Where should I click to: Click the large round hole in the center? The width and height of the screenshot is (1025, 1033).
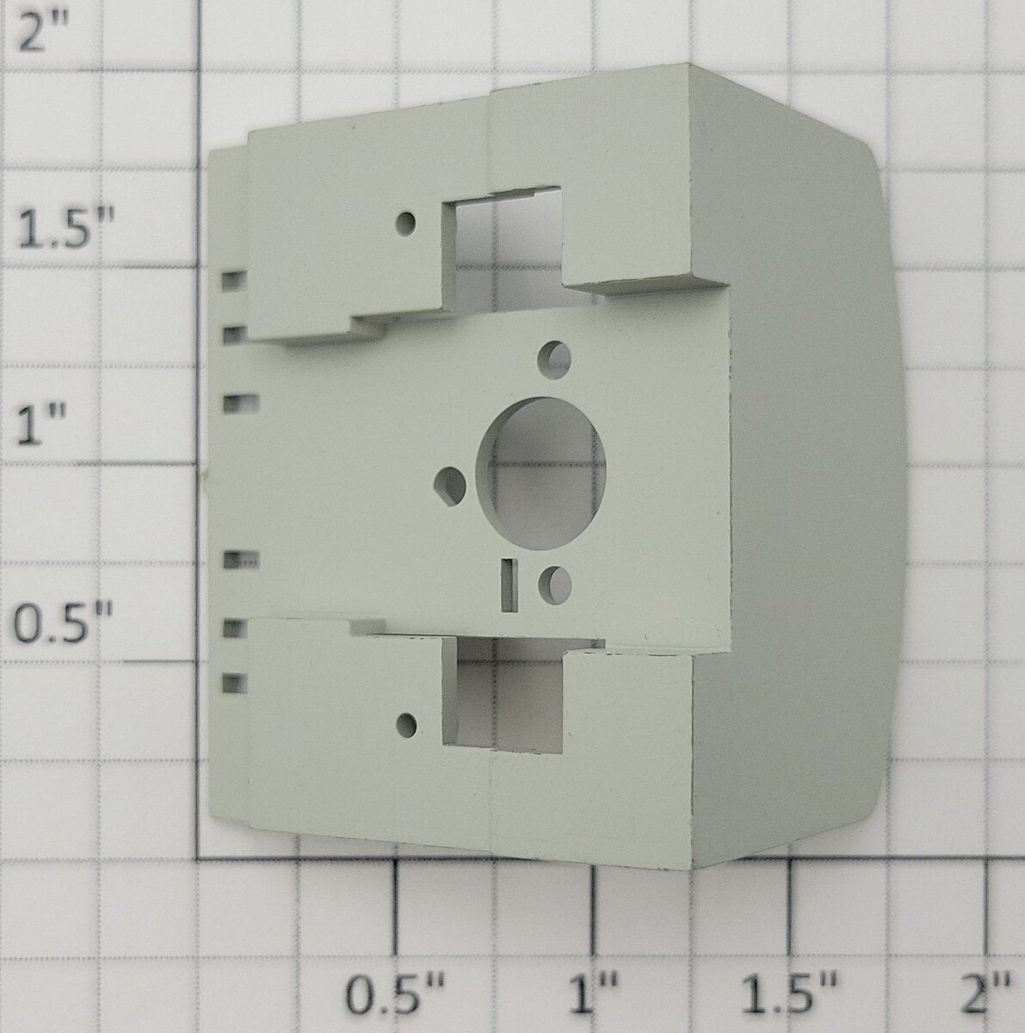pos(541,473)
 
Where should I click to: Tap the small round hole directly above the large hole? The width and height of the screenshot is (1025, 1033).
pos(554,357)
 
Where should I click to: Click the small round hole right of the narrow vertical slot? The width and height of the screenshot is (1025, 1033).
pos(554,583)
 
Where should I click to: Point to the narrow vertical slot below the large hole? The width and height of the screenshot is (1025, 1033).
pos(509,585)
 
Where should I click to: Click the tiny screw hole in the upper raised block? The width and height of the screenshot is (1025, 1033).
pos(407,223)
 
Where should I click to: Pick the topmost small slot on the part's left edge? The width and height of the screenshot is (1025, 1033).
pos(234,281)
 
